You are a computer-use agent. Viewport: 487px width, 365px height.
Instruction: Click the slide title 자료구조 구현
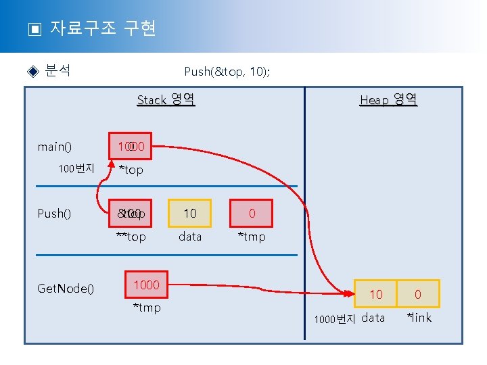point(103,28)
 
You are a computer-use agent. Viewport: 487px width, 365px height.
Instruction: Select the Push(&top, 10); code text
point(227,71)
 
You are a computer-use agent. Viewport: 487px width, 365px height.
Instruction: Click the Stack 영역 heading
point(166,100)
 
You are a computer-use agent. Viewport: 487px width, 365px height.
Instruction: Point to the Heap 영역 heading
point(388,100)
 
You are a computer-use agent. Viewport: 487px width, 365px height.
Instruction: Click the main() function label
point(55,147)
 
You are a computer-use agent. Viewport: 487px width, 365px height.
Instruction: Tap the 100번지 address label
point(76,168)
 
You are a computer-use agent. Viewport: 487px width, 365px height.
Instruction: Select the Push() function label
point(54,214)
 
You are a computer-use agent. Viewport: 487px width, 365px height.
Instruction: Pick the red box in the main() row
point(131,146)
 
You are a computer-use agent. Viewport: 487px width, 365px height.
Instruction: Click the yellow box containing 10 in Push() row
point(190,214)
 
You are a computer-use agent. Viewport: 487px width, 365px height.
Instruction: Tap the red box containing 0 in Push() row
point(252,214)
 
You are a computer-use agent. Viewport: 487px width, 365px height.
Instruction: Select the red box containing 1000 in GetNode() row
point(146,285)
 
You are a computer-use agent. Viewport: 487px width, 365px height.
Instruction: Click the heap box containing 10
point(375,294)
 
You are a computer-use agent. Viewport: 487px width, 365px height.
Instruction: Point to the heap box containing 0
point(418,294)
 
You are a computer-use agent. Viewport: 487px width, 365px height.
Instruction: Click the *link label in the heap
point(419,317)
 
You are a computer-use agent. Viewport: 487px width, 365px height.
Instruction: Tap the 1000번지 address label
point(335,319)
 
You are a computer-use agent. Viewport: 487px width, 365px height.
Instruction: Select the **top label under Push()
point(131,237)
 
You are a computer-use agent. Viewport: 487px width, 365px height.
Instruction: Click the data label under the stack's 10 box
point(190,237)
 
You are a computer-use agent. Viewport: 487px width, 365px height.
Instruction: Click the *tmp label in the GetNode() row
point(147,308)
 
